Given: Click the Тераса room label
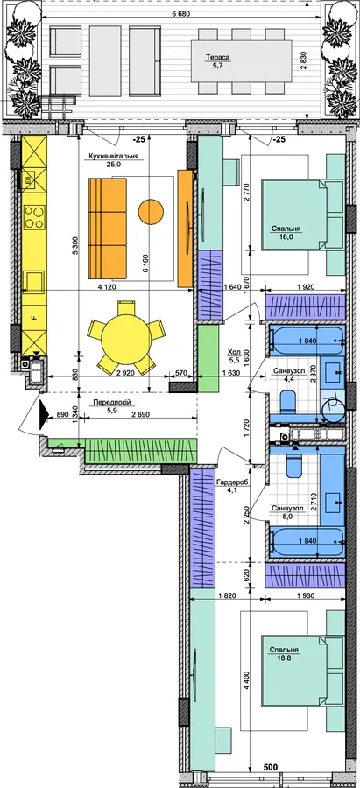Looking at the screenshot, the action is pyautogui.click(x=218, y=59).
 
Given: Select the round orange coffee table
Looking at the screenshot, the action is pyautogui.click(x=151, y=212).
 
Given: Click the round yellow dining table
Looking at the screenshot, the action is pyautogui.click(x=126, y=338).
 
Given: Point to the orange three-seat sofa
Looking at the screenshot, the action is pyautogui.click(x=108, y=229).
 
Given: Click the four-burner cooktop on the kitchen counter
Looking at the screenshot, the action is pyautogui.click(x=34, y=217).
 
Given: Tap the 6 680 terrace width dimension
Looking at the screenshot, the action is pyautogui.click(x=181, y=13).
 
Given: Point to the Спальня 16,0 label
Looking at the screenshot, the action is pyautogui.click(x=286, y=233).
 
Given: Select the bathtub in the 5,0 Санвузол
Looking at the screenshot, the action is pyautogui.click(x=307, y=541).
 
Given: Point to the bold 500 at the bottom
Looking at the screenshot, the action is pyautogui.click(x=272, y=767).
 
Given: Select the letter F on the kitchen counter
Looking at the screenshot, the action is pyautogui.click(x=33, y=317).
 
